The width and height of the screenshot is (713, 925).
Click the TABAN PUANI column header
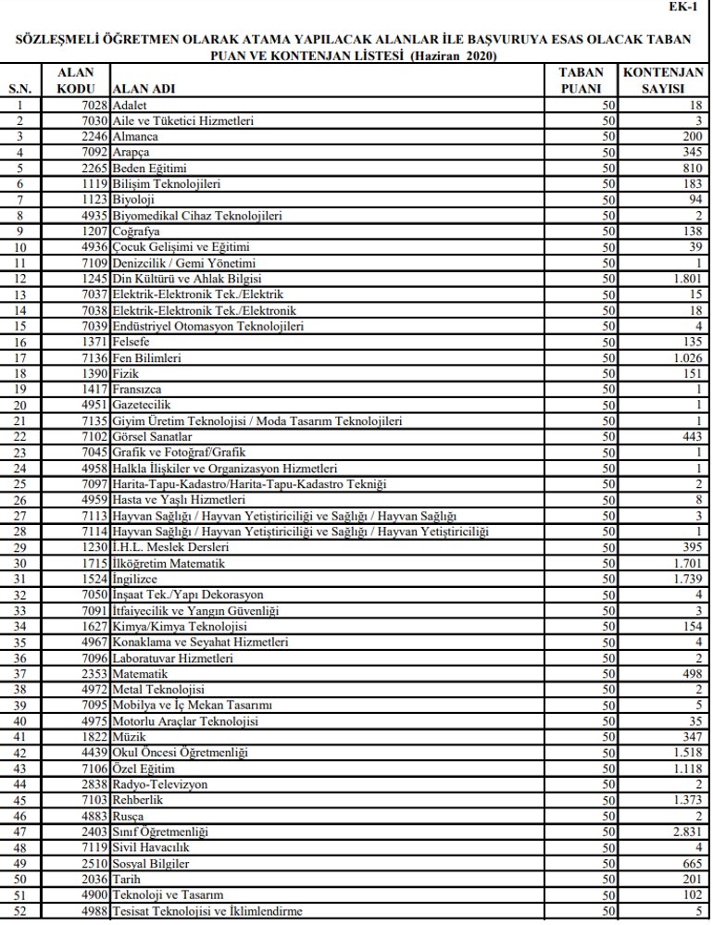click(x=582, y=81)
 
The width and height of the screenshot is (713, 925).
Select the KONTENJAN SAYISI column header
click(x=663, y=81)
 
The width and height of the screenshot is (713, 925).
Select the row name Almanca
click(x=136, y=137)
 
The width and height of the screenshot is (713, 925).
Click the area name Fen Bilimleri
click(x=146, y=357)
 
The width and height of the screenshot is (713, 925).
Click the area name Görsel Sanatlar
click(x=152, y=436)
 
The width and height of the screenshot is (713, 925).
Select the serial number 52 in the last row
click(x=20, y=911)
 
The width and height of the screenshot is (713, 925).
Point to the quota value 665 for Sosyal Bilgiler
click(x=691, y=863)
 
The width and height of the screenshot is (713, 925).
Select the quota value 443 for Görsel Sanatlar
click(x=691, y=436)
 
